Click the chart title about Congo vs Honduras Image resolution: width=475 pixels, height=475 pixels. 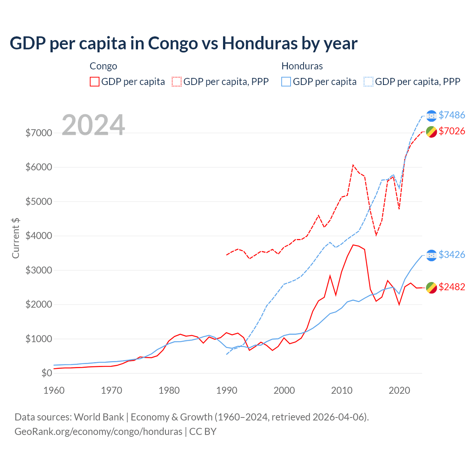click(x=183, y=43)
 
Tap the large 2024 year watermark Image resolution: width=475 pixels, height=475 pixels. click(x=93, y=125)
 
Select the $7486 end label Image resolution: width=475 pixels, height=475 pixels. click(x=452, y=115)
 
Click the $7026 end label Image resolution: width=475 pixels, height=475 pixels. click(x=452, y=131)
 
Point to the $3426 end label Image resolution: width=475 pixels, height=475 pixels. click(x=452, y=255)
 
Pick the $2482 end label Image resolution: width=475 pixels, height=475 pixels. click(x=452, y=287)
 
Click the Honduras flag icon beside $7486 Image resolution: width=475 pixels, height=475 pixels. click(x=431, y=116)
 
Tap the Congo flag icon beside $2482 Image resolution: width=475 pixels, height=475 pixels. click(x=431, y=287)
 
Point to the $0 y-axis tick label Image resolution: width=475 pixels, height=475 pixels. click(x=46, y=373)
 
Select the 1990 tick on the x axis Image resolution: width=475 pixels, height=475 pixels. click(x=226, y=390)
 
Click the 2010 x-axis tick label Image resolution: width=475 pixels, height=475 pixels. click(x=342, y=390)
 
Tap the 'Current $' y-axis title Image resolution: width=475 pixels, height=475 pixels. click(x=16, y=238)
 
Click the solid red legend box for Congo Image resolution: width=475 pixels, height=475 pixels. click(x=95, y=82)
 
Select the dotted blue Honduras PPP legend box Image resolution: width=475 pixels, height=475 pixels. click(x=368, y=82)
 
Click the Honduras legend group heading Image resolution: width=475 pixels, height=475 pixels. click(x=302, y=66)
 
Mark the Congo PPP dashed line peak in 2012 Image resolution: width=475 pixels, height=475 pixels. click(x=353, y=165)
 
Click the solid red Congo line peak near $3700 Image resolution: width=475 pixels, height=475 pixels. click(x=353, y=245)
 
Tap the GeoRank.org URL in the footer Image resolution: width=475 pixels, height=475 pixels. click(x=98, y=432)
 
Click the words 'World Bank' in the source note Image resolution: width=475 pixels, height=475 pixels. click(x=99, y=417)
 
